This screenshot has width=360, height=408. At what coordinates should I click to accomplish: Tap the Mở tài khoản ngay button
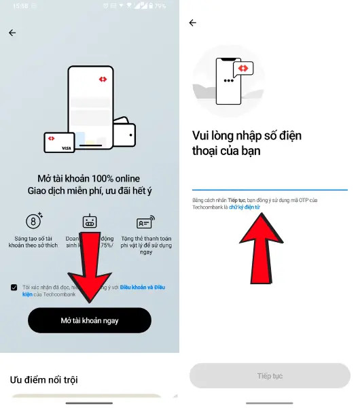click(89, 320)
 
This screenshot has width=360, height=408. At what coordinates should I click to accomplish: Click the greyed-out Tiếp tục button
click(270, 375)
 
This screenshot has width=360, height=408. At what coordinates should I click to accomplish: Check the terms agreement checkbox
click(14, 288)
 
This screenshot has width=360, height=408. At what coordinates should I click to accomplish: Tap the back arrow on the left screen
click(12, 33)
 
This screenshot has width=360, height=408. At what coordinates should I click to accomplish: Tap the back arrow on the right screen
click(192, 22)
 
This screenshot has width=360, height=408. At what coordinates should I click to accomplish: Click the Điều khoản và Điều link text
click(142, 288)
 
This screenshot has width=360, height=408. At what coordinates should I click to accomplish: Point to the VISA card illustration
click(60, 142)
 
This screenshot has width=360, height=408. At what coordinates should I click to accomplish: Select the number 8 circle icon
click(33, 221)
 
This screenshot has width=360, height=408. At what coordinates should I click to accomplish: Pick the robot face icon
click(90, 222)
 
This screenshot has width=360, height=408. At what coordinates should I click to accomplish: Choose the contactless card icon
click(145, 222)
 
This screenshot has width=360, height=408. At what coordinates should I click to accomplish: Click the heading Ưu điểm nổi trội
click(43, 379)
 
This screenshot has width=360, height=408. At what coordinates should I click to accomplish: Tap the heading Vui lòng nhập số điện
click(247, 136)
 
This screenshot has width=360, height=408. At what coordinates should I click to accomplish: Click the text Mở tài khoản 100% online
click(89, 177)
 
